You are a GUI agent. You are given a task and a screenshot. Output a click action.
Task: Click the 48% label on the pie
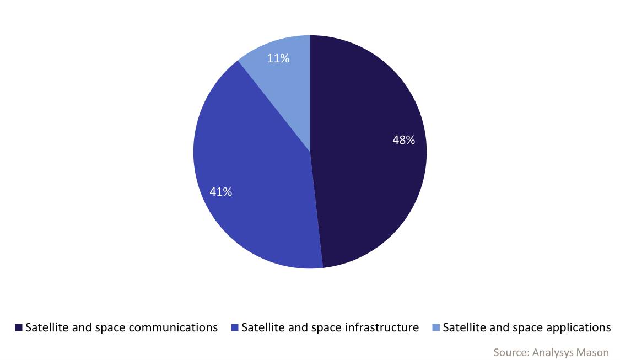tap(403, 140)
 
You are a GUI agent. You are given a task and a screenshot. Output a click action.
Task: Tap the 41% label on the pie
tap(220, 192)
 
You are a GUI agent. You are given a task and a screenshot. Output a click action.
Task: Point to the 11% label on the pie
tap(278, 58)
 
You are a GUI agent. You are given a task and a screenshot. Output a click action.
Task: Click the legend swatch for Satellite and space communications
tap(19, 328)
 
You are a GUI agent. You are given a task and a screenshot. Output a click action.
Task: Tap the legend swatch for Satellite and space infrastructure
tap(235, 328)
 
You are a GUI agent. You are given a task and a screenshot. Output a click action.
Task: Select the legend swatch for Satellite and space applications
tap(436, 328)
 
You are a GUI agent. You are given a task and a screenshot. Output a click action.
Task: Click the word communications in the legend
tap(173, 327)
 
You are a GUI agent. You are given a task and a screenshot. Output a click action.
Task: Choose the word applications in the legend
tap(578, 327)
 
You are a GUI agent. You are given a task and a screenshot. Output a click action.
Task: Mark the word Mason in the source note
tap(594, 352)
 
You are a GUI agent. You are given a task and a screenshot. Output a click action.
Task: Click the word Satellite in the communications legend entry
tap(46, 327)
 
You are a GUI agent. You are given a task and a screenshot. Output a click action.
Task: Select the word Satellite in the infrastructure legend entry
tap(262, 327)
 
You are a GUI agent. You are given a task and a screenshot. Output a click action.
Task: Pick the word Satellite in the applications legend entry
tap(463, 327)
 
